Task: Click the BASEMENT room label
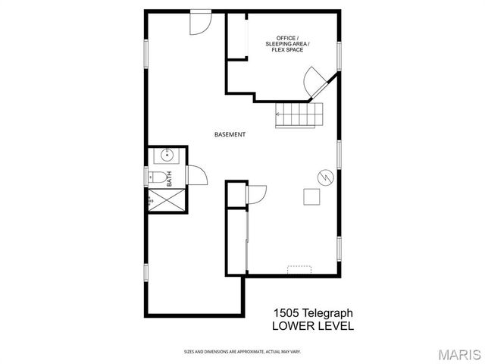(230, 134)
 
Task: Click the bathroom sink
(167, 157)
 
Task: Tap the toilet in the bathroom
(154, 178)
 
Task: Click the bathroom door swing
(196, 176)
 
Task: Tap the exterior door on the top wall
(200, 21)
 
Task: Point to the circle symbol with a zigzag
(324, 176)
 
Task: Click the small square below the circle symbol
(311, 197)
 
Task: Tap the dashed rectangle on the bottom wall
(299, 268)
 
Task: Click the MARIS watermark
(459, 353)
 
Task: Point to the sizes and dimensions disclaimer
(242, 351)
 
